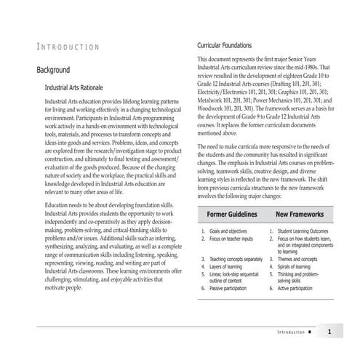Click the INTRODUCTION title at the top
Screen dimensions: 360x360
(x=68, y=48)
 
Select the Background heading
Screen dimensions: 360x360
(x=53, y=70)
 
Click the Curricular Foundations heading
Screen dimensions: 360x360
(x=230, y=46)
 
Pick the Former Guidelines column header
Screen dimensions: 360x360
(x=232, y=216)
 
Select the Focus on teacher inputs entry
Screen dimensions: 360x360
(x=231, y=238)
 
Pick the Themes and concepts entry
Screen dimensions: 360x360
(x=299, y=259)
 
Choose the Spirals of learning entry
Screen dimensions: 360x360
(x=299, y=266)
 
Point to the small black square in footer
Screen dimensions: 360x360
(x=310, y=333)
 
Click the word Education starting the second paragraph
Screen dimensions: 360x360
(x=58, y=207)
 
